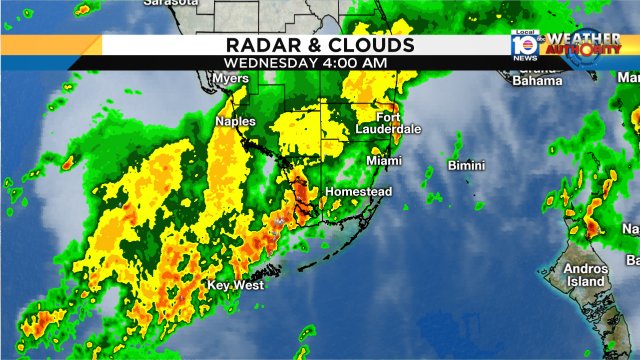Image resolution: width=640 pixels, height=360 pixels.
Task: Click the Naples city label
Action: click(235, 122)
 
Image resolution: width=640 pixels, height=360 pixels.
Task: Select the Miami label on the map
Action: click(384, 161)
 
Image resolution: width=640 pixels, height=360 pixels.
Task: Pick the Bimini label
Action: click(466, 165)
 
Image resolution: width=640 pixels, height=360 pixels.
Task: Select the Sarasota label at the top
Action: click(168, 4)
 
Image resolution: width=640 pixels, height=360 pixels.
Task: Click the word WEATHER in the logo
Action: click(584, 37)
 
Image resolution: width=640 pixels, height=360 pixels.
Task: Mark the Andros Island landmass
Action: click(575, 250)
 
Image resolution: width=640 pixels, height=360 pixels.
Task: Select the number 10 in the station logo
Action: click(521, 44)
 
